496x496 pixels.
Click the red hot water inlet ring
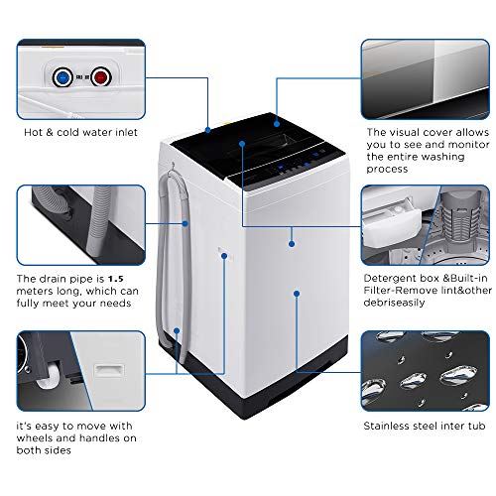(x=100, y=74)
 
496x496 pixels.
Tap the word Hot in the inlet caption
(x=34, y=130)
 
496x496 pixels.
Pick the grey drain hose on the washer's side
(x=179, y=248)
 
